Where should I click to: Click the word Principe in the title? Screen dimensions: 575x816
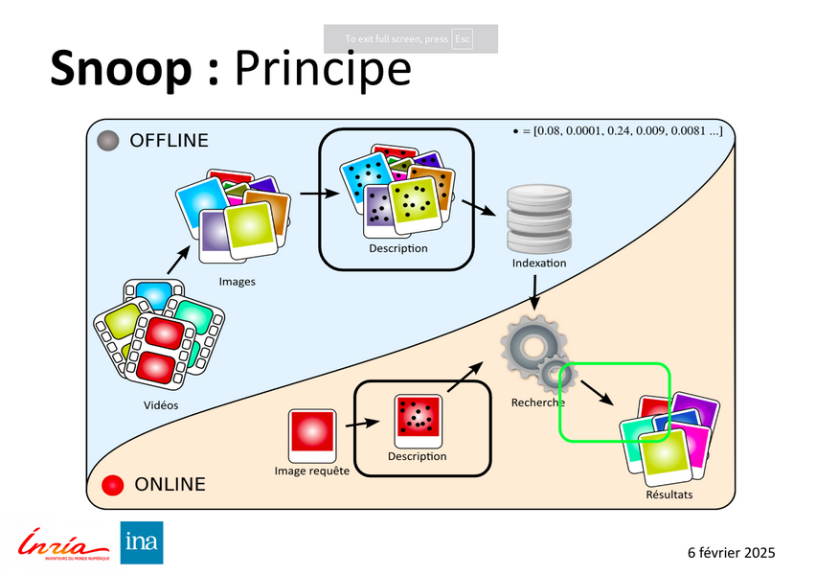[x=323, y=70]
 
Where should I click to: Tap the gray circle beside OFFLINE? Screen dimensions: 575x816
[x=109, y=140]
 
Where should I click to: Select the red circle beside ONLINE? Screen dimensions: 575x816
[x=114, y=484]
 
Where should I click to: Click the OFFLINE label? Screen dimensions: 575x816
[x=169, y=141]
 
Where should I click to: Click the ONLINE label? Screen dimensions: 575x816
[x=170, y=484]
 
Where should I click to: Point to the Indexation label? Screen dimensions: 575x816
[x=538, y=263]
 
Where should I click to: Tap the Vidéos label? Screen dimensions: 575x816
[x=161, y=404]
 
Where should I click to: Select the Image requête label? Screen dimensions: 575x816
[x=312, y=471]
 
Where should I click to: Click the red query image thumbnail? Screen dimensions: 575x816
[x=312, y=434]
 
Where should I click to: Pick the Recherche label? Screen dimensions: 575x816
[x=537, y=402]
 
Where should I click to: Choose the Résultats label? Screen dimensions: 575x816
[x=669, y=495]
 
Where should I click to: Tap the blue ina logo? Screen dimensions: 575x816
[x=141, y=542]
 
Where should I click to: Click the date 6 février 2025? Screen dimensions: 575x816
[x=731, y=553]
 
